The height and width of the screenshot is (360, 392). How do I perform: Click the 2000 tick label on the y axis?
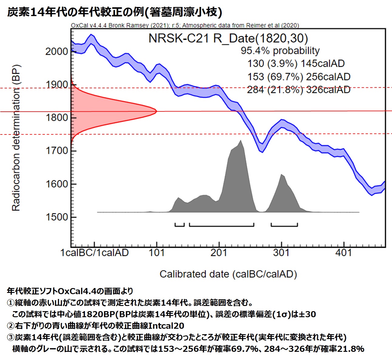coord(56,51)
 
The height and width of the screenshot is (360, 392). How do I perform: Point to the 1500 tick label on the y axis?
coord(56,217)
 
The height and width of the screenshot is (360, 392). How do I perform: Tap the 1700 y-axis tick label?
coord(56,151)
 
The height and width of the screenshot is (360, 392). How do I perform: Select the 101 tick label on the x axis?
coord(157,253)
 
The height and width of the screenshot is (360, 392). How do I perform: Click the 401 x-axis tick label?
coord(343,253)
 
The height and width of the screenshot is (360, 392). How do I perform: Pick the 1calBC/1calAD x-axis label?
coord(94,253)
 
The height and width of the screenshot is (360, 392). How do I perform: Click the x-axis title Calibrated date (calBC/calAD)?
coord(228,274)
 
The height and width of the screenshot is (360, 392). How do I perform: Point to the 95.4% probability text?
coord(280,51)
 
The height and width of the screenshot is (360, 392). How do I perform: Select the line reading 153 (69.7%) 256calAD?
coord(299,77)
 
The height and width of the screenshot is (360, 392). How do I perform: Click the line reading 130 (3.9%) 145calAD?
coord(296,64)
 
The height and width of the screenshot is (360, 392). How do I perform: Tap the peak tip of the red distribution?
coord(156,111)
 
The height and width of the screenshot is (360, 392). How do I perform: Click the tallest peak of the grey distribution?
coord(240,141)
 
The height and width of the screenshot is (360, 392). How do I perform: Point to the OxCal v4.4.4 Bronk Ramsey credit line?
coord(185,25)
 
